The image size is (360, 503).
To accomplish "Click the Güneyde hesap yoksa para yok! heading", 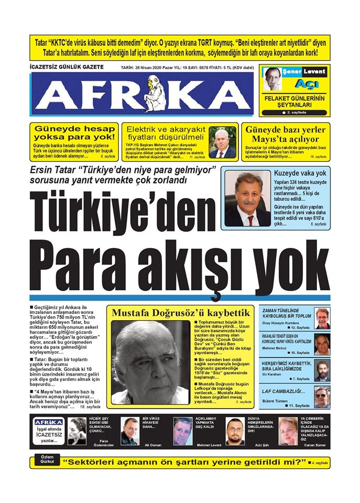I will point(74,133).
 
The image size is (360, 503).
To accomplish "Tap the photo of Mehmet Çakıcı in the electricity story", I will point(222,143).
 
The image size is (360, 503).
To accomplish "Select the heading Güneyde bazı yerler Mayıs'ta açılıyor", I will point(286,134).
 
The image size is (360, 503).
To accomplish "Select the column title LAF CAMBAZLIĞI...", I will point(283,390).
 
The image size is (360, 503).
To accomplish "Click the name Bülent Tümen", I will point(276,401).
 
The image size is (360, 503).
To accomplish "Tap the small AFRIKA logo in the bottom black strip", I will point(49,422).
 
